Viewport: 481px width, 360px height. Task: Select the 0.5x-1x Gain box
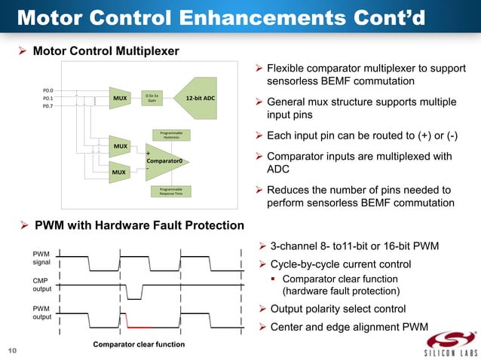[x=152, y=98]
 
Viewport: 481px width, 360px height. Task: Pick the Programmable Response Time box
[x=170, y=191]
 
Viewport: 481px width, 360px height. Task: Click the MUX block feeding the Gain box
[x=120, y=98]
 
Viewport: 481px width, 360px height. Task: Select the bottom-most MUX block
[x=118, y=172]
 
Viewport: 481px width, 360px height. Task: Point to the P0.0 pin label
[x=47, y=90]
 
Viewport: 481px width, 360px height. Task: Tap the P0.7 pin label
[x=47, y=106]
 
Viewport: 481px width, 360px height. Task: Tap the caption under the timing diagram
[x=138, y=345]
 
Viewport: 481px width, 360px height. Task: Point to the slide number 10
[x=12, y=350]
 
